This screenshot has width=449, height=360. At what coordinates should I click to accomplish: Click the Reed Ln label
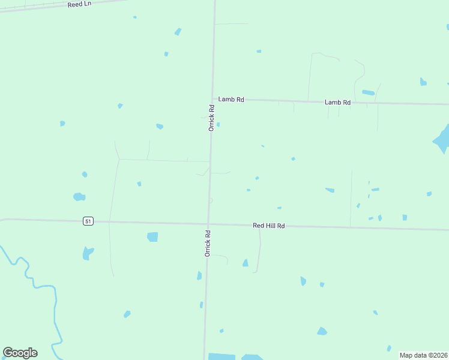tap(79, 4)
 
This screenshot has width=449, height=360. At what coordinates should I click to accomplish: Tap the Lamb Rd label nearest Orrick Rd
tap(231, 100)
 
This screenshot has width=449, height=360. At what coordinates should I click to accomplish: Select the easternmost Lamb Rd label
tap(337, 103)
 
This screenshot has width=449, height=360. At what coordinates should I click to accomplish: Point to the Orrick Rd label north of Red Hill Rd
tap(211, 118)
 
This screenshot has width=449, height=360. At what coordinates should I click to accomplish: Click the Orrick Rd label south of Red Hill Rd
tap(208, 243)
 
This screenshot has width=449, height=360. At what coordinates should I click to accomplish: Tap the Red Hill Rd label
tap(268, 226)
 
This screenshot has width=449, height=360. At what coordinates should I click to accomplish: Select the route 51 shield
tap(88, 221)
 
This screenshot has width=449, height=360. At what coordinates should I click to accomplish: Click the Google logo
tap(20, 353)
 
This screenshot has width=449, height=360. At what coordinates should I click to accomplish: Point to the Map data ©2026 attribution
tap(424, 355)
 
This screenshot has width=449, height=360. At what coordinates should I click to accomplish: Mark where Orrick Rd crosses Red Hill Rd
tap(208, 224)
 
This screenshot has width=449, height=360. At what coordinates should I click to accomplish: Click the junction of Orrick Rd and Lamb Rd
tap(212, 98)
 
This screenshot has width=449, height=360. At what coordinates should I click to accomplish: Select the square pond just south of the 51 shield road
tap(152, 237)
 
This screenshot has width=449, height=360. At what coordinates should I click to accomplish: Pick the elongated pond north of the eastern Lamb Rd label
tap(368, 92)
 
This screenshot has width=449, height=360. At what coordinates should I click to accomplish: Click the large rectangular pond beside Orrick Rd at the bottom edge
tap(221, 356)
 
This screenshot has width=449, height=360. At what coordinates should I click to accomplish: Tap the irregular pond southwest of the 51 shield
tap(88, 253)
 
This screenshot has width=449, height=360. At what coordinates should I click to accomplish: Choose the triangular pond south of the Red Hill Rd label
tap(245, 263)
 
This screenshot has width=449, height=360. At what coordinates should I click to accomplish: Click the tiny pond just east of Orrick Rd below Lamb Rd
tap(218, 125)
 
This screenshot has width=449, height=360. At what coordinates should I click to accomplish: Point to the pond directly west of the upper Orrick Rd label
tap(160, 127)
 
